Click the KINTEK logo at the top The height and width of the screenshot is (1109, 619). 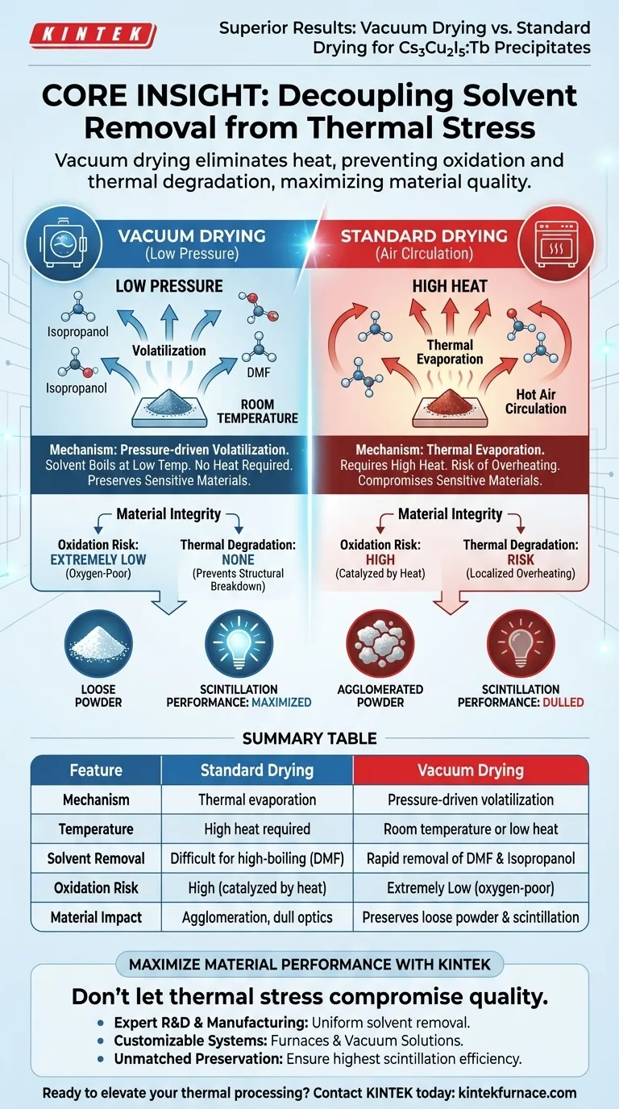click(92, 35)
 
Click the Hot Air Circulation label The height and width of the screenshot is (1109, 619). click(536, 401)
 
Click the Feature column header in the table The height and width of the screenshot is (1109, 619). click(96, 770)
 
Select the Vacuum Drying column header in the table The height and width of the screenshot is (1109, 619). click(471, 770)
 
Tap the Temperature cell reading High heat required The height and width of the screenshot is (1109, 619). click(257, 829)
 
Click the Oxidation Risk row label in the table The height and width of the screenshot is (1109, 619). click(96, 887)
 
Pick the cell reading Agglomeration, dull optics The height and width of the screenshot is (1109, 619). click(257, 917)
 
